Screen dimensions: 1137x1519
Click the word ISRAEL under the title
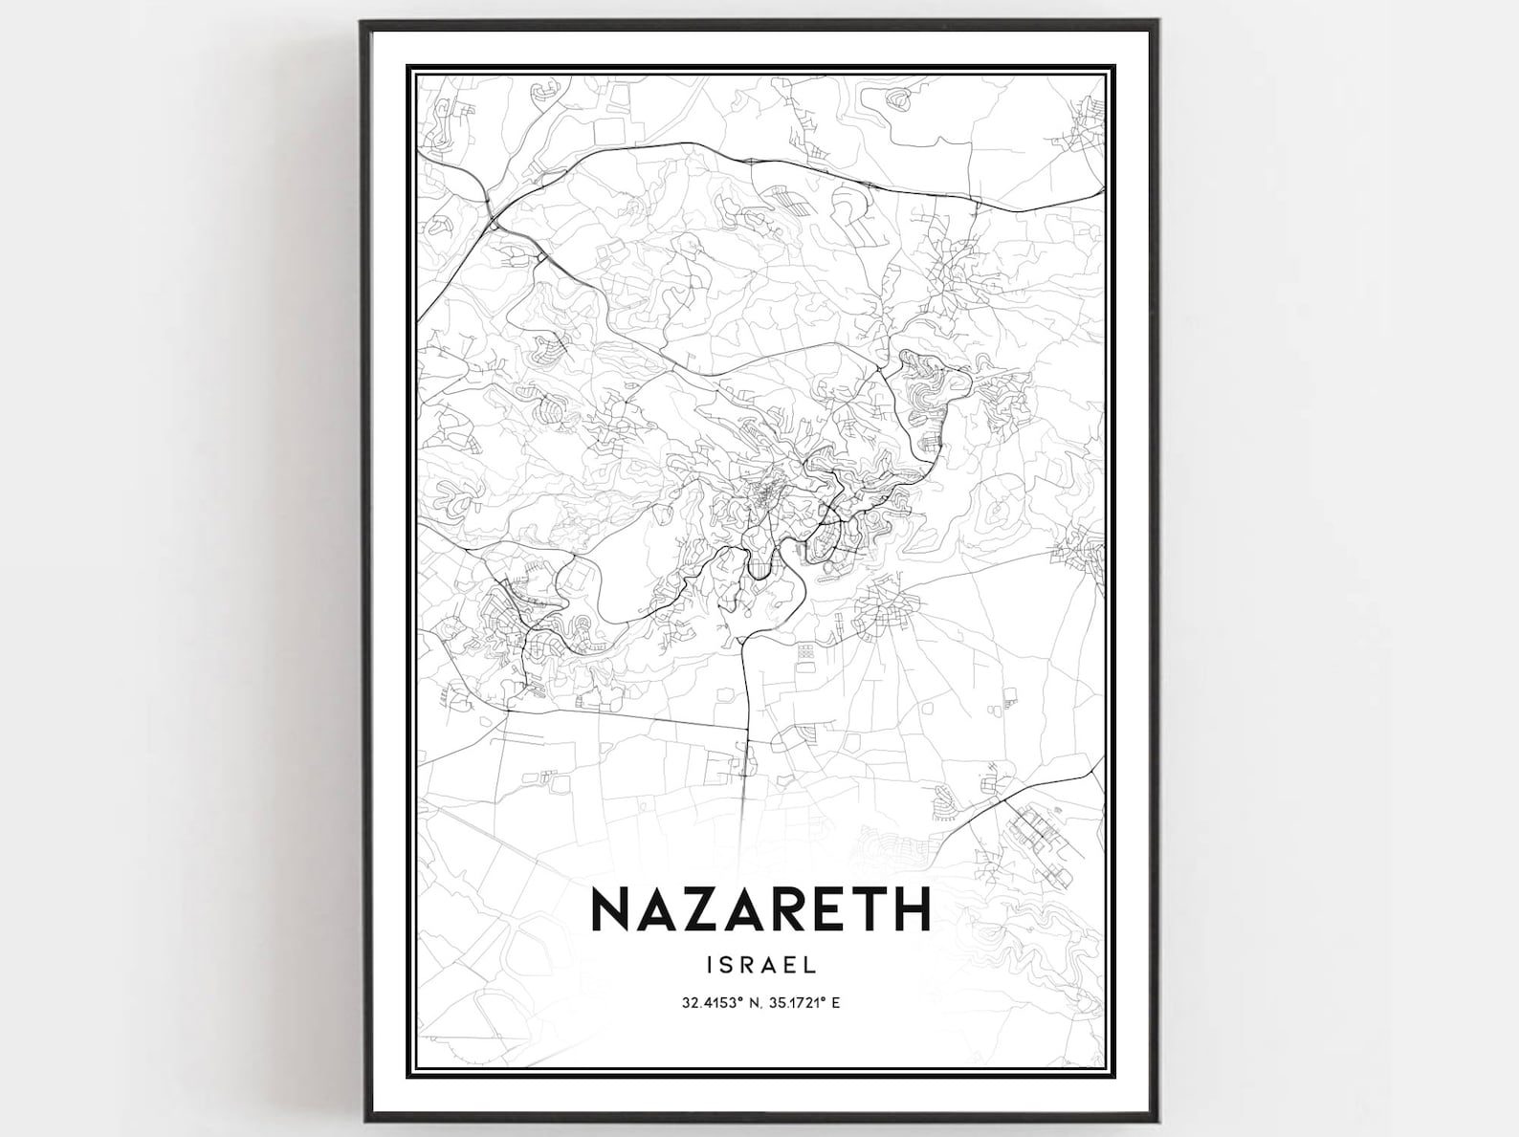(x=761, y=965)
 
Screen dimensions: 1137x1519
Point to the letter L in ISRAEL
(x=811, y=965)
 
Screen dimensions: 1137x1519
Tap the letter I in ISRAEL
(x=709, y=965)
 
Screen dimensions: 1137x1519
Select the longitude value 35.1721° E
(x=804, y=1003)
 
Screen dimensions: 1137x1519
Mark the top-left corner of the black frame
(x=363, y=22)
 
